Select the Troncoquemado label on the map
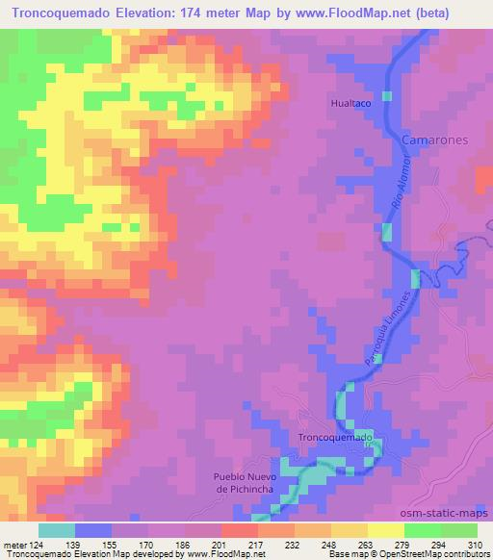(334, 438)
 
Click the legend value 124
(39, 547)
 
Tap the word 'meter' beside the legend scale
(14, 547)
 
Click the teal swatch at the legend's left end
(57, 530)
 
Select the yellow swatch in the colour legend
(386, 530)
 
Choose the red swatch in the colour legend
(240, 530)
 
